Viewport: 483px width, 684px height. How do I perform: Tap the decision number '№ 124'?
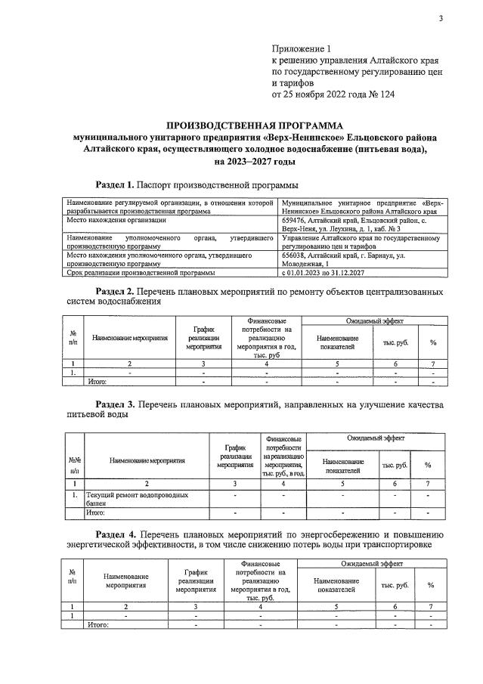point(379,94)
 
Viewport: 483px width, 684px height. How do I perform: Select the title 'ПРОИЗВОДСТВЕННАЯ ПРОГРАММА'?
point(254,125)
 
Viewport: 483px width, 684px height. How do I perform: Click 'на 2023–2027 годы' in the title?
point(254,161)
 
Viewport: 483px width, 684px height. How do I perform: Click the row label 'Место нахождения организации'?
point(116,221)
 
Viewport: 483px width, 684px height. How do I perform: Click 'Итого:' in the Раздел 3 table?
point(99,512)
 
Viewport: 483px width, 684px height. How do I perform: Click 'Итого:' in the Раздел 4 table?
point(99,624)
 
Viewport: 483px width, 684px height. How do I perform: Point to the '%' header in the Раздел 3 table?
point(428,465)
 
